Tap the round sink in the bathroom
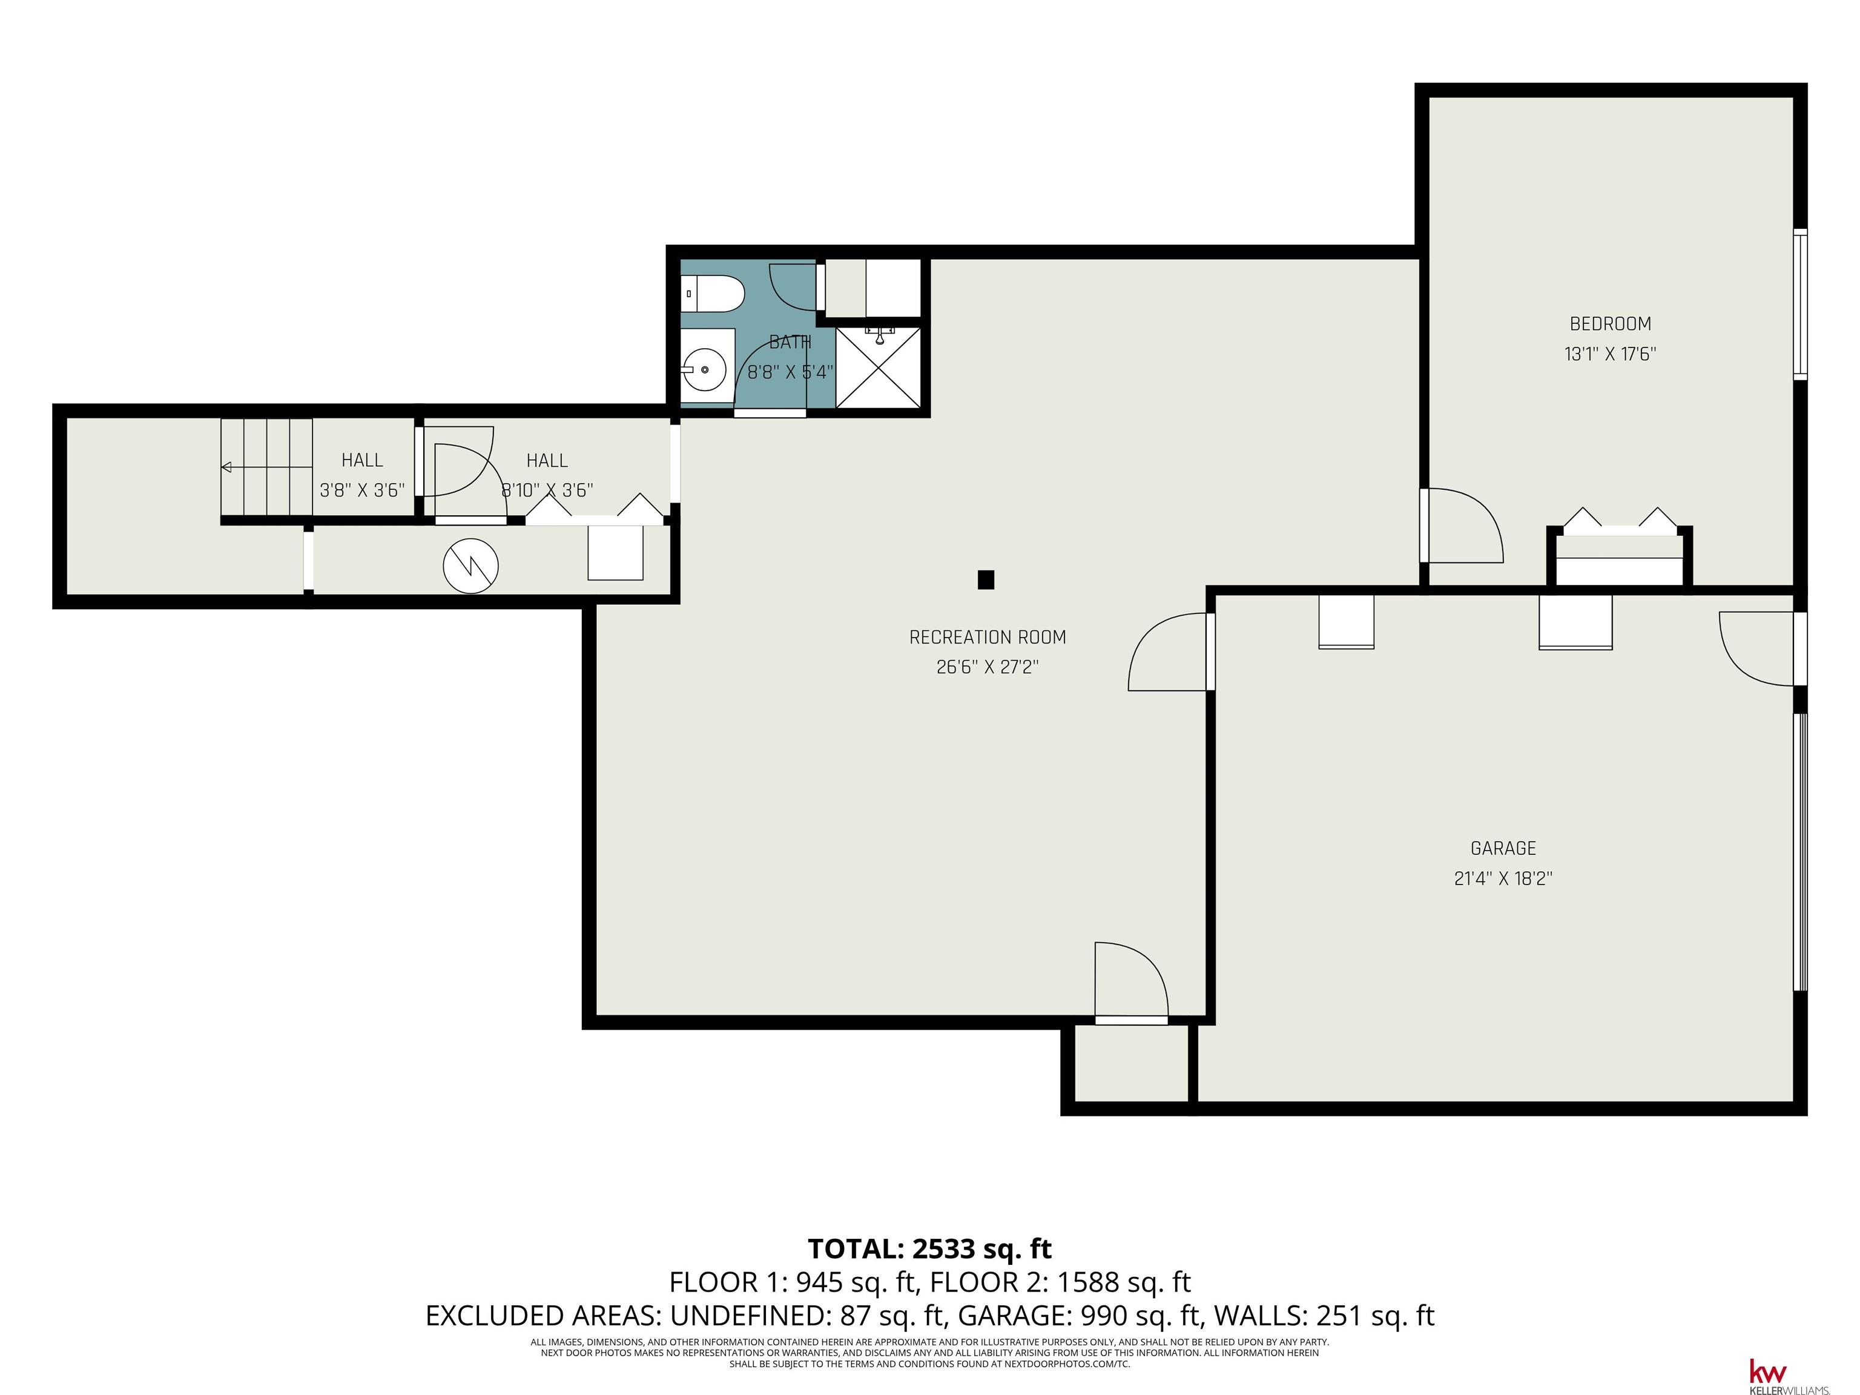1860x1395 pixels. (705, 368)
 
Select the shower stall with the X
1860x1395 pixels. (879, 368)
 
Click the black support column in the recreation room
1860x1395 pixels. (986, 579)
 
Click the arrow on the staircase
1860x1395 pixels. (266, 467)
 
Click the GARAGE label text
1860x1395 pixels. (1503, 848)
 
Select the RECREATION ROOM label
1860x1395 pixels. (987, 638)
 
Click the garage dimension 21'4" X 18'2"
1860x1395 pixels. (1503, 879)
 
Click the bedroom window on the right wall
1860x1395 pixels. (1799, 305)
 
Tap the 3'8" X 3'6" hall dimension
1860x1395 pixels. (363, 490)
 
